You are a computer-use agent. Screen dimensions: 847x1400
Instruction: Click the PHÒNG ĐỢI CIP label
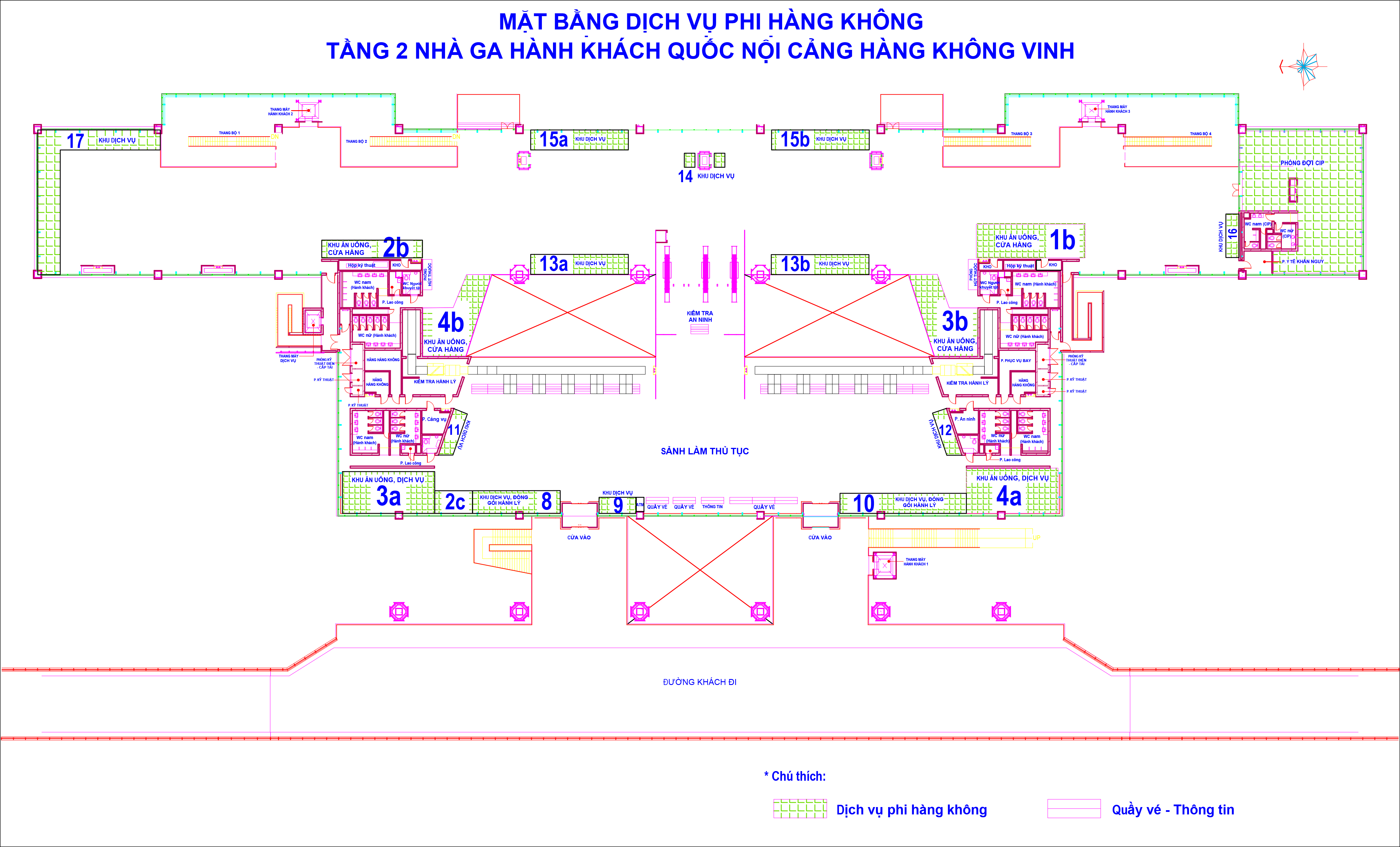tap(1302, 163)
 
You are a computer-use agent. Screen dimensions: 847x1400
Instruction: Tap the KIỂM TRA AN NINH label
tap(699, 316)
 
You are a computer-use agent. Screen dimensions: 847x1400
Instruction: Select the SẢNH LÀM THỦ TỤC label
tap(705, 451)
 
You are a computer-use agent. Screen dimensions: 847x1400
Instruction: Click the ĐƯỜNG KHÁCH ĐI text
tap(699, 682)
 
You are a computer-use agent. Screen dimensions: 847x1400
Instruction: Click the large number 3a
tap(389, 497)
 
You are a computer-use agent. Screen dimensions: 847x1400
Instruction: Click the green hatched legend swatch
tap(799, 808)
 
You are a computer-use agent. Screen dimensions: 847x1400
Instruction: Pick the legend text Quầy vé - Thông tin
tap(1173, 810)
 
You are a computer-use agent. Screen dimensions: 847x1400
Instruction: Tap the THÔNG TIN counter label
tap(712, 507)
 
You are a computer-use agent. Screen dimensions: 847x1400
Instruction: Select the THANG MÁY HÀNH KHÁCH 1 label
tap(915, 562)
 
